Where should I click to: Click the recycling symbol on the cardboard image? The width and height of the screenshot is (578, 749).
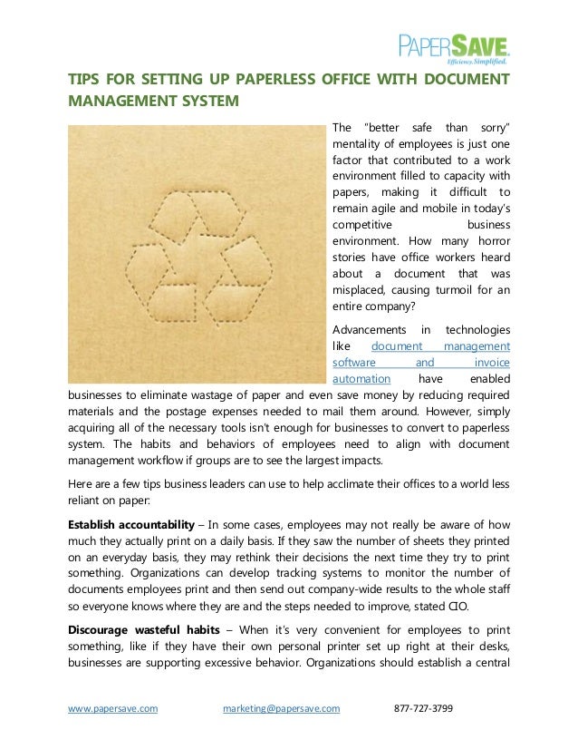pyautogui.click(x=197, y=251)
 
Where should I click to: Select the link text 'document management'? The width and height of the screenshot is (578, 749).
pyautogui.click(x=440, y=345)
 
